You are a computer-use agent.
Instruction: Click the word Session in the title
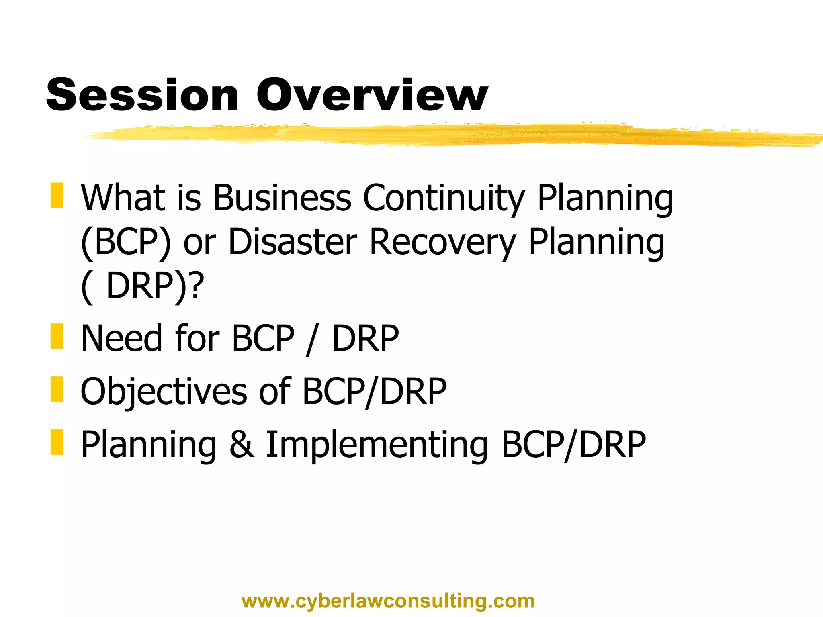click(x=143, y=95)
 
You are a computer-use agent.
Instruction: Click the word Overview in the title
click(x=372, y=95)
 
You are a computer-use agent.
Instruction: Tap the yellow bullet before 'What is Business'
click(x=57, y=196)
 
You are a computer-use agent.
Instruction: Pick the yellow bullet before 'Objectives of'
click(x=57, y=389)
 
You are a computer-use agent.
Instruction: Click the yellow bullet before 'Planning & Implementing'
click(x=57, y=442)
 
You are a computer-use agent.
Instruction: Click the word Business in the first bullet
click(x=282, y=198)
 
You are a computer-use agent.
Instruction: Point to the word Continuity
click(x=444, y=198)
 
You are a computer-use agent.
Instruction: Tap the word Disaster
click(x=293, y=242)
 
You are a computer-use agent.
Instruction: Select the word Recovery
click(x=442, y=242)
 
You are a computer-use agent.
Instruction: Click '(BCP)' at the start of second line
click(x=126, y=242)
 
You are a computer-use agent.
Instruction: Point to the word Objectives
click(x=164, y=392)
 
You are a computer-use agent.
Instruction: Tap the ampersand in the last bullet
click(x=242, y=444)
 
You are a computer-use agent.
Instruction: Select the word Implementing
click(x=377, y=445)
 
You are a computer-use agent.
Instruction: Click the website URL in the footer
click(x=388, y=601)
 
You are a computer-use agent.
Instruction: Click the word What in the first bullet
click(x=123, y=198)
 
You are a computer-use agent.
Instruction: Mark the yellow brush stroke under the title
click(x=442, y=135)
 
